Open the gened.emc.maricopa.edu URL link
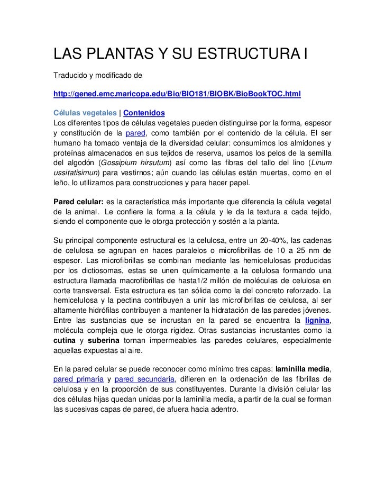tap(177, 94)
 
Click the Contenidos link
tap(144, 113)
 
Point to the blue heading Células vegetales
tap(85, 113)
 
